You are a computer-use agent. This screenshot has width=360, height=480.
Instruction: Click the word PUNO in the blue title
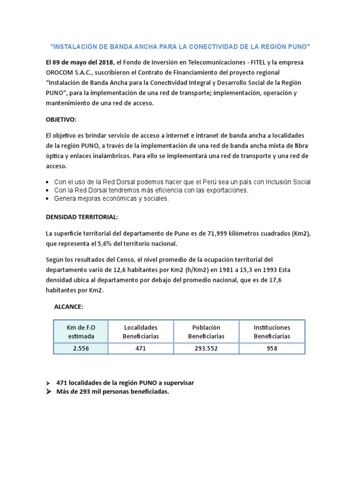(299, 47)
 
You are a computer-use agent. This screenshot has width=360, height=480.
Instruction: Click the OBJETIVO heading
(60, 120)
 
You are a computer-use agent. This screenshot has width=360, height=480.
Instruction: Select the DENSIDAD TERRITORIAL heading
(82, 217)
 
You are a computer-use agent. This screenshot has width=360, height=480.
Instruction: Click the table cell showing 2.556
(81, 349)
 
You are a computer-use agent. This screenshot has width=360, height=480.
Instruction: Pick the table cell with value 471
(141, 349)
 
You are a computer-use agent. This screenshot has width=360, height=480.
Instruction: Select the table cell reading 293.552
(206, 349)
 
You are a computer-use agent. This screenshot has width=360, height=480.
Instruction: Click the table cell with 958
(272, 349)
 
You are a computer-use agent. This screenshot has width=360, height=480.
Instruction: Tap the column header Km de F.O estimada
(81, 332)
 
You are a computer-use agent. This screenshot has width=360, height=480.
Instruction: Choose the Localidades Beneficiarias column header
(141, 332)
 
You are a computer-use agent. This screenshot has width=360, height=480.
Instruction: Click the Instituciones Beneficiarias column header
(272, 332)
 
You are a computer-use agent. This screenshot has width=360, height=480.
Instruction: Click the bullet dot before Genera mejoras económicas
(48, 199)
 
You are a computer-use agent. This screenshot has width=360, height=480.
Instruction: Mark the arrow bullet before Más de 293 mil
(48, 392)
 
